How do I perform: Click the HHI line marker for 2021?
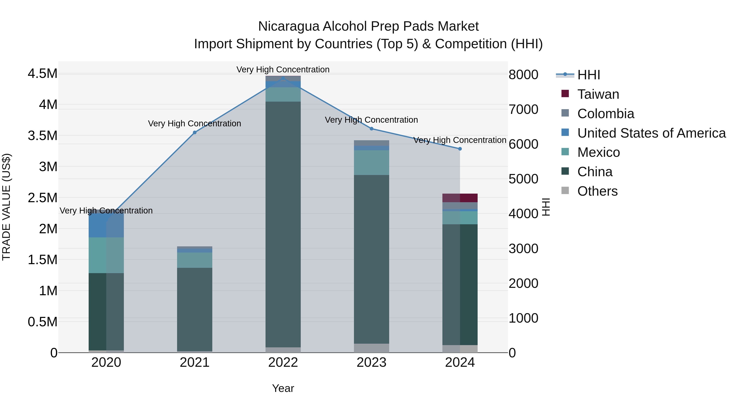(x=194, y=132)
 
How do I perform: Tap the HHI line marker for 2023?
(x=371, y=129)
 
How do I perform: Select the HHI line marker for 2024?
(x=460, y=149)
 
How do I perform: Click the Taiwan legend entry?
(x=598, y=94)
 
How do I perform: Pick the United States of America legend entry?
(x=651, y=133)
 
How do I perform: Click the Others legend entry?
(x=597, y=191)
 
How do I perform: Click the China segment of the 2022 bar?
(x=283, y=224)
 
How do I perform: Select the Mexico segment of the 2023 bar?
(x=371, y=163)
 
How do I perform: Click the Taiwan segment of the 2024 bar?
(x=460, y=198)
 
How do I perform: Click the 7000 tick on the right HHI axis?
(x=523, y=109)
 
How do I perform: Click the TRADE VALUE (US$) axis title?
(x=7, y=207)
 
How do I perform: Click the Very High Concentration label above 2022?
(x=283, y=70)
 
